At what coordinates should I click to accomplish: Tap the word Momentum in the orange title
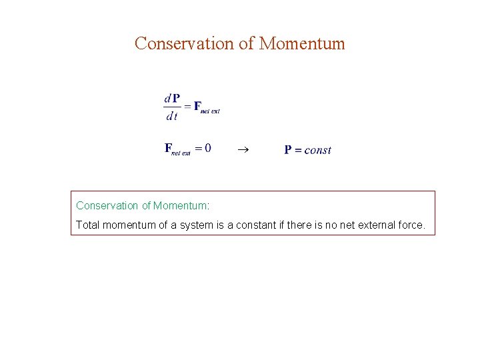point(302,44)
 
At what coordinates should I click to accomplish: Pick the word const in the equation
point(317,150)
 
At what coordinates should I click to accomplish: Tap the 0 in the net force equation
point(207,148)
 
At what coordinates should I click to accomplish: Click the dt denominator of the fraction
point(171,116)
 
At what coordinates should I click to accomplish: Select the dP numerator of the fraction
point(171,99)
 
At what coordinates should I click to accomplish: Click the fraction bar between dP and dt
point(171,107)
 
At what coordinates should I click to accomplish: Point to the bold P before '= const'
point(288,150)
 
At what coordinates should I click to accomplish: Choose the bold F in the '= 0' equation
point(168,148)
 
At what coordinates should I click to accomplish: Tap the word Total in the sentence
point(87,225)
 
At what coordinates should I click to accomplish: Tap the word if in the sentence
point(275,225)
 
